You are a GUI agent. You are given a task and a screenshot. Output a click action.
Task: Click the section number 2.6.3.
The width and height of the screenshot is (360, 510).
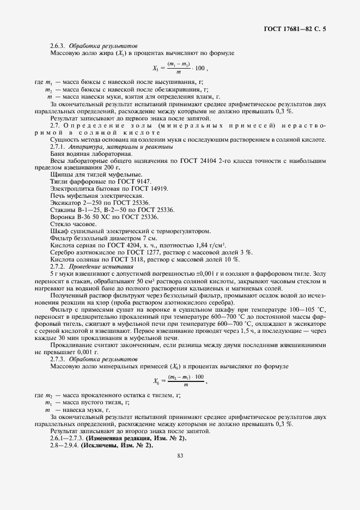click(58, 46)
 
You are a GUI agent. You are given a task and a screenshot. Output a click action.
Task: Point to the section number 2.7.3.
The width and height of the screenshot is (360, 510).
click(58, 359)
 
